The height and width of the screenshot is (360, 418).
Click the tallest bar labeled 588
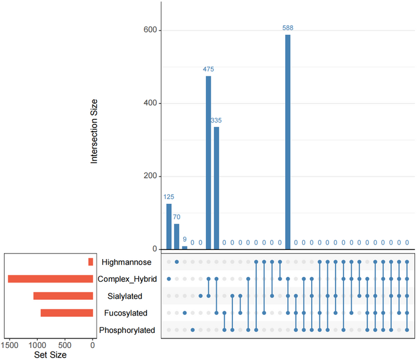point(288,142)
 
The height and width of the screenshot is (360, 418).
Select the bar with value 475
point(208,162)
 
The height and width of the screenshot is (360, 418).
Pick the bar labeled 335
point(216,188)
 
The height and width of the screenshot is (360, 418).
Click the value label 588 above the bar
point(288,28)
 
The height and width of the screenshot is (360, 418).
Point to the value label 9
point(184,240)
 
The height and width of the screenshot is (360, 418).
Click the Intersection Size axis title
point(94,132)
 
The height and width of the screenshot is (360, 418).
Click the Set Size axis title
point(50,355)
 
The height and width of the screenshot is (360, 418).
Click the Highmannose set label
point(127,262)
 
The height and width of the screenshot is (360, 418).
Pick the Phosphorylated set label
point(127,330)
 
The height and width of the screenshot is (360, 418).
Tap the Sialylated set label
point(132,296)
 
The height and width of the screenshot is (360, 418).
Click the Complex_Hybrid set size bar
point(50,279)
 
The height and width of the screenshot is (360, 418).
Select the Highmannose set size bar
point(91,262)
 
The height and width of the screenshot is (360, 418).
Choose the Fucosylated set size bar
point(67,313)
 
